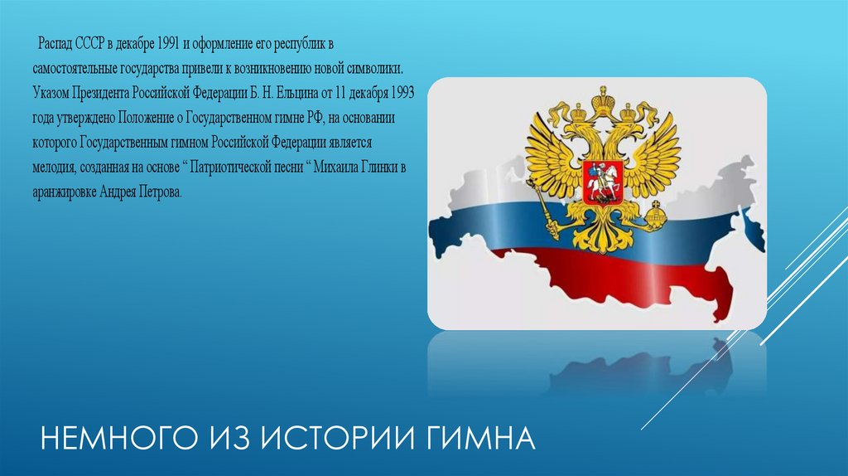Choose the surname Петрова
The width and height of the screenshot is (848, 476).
pos(157,191)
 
